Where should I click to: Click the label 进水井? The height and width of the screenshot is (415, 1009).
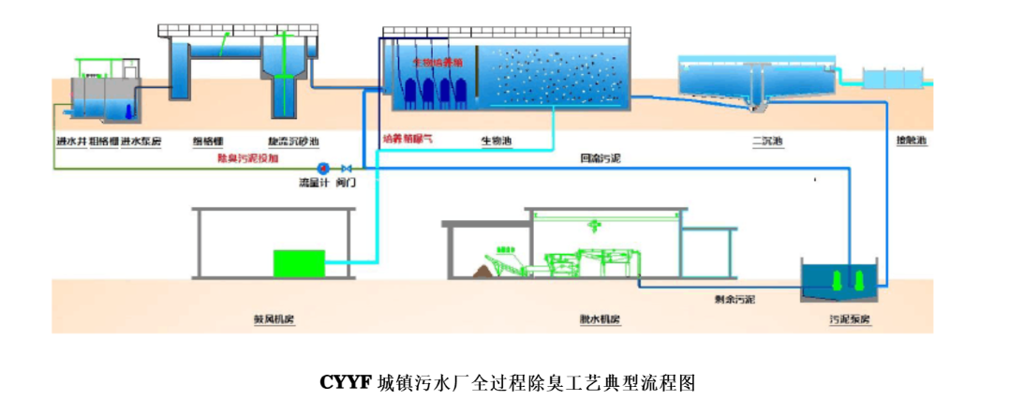[x=70, y=141]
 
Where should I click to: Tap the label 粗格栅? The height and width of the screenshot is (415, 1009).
[x=103, y=141]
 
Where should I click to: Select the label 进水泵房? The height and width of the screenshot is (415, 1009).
[x=141, y=141]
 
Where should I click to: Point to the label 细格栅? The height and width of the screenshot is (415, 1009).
[x=207, y=141]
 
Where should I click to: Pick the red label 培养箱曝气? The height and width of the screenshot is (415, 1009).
[x=408, y=141]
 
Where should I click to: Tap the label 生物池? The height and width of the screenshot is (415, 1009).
[x=496, y=141]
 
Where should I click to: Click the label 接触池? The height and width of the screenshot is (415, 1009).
[x=911, y=141]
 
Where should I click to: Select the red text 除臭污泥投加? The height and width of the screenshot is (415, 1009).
[x=245, y=158]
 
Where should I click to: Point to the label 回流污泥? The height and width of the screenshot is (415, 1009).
[x=600, y=158]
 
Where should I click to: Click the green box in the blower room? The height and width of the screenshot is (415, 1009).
[x=299, y=262]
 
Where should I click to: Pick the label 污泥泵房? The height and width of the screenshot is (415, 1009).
[x=850, y=319]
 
